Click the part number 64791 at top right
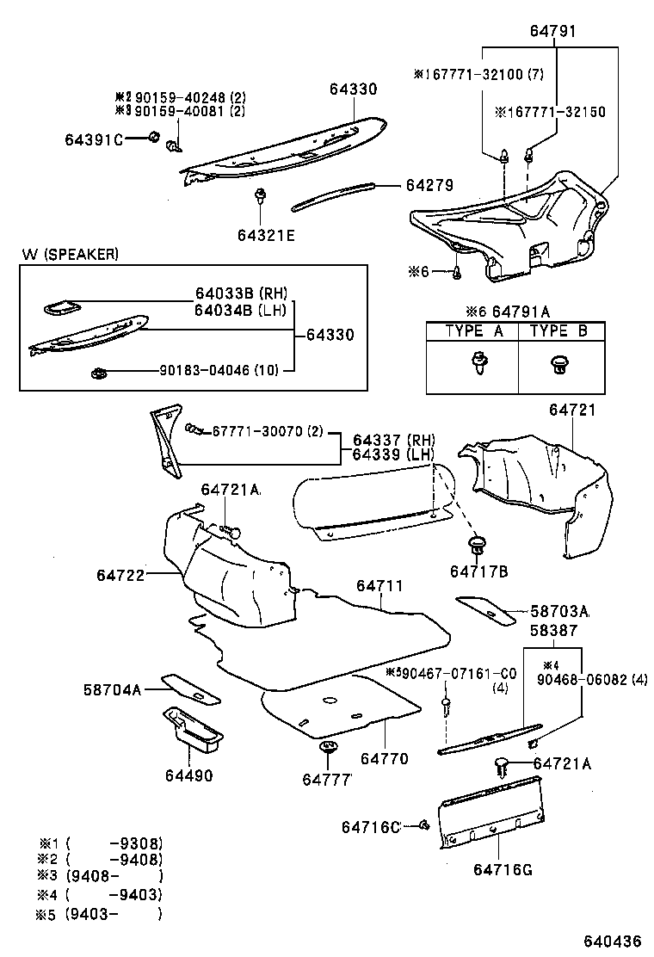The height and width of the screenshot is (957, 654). (552, 32)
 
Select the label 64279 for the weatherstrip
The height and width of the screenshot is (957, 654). (429, 185)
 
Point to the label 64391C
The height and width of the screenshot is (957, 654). (94, 139)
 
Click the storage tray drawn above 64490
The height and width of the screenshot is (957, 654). (193, 726)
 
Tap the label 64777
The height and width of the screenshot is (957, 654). (328, 779)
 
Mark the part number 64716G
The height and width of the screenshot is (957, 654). (502, 869)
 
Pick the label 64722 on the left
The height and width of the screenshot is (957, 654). (120, 575)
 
